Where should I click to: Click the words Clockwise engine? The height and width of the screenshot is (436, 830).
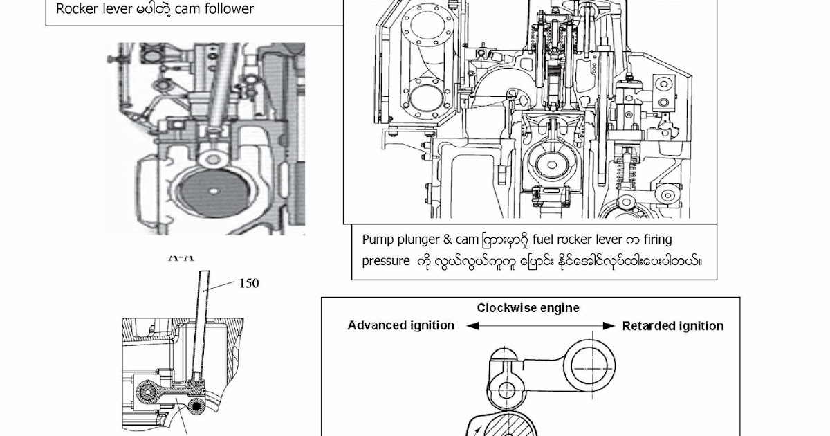click(x=528, y=308)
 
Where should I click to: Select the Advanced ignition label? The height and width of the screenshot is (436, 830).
click(x=401, y=325)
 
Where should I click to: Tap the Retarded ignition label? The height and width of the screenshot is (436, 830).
click(x=672, y=325)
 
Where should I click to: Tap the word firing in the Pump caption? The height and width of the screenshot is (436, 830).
click(x=655, y=239)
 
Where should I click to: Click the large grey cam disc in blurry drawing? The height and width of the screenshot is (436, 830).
click(x=214, y=194)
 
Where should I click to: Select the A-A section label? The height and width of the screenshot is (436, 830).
click(x=181, y=257)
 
